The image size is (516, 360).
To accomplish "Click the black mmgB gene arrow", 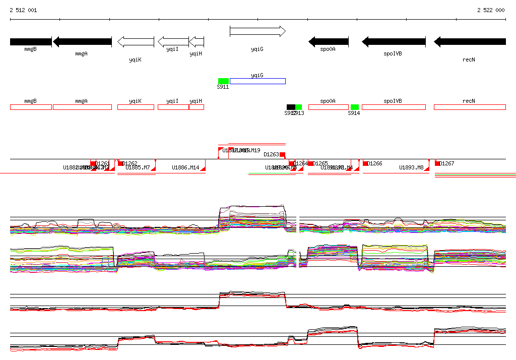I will point(31,42).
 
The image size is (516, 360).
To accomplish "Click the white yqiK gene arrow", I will point(136,42).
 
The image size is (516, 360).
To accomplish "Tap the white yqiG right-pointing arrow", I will point(257,31).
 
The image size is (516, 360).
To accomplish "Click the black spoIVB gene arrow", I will point(394,42).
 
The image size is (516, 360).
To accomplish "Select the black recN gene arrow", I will point(470,42).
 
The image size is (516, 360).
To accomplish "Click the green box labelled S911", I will point(223,81).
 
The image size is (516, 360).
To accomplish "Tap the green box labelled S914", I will point(355,107).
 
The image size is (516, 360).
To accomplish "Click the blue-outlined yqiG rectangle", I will point(257,81).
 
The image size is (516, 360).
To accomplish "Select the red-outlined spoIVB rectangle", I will point(394,107).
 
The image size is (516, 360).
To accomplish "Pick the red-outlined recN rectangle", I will point(470,107).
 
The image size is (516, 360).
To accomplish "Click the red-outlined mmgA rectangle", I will point(82,107).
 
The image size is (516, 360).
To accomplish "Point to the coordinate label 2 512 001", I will point(23,10).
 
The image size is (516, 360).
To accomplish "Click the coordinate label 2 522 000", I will point(490,10).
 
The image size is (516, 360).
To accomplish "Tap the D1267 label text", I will point(447,163).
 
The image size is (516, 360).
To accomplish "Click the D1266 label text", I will point(375,163).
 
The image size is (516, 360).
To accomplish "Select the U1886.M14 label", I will point(185,167).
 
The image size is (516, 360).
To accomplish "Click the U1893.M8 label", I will point(411,167).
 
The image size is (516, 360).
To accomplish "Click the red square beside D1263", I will point(283,154).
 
